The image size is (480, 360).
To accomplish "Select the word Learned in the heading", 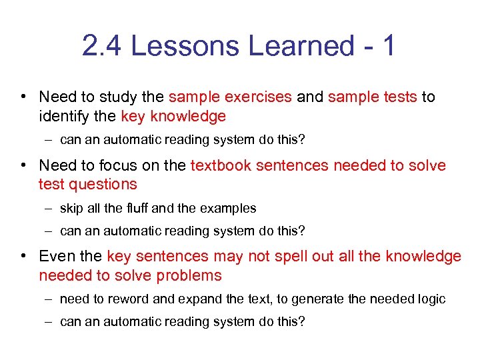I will [301, 46].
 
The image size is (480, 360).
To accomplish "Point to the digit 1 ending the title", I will [387, 46].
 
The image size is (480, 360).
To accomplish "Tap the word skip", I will [71, 208].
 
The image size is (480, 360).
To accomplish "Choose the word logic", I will [431, 299].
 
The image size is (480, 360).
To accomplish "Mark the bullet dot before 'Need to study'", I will [23, 97].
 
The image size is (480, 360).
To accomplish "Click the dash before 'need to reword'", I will [50, 299].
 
